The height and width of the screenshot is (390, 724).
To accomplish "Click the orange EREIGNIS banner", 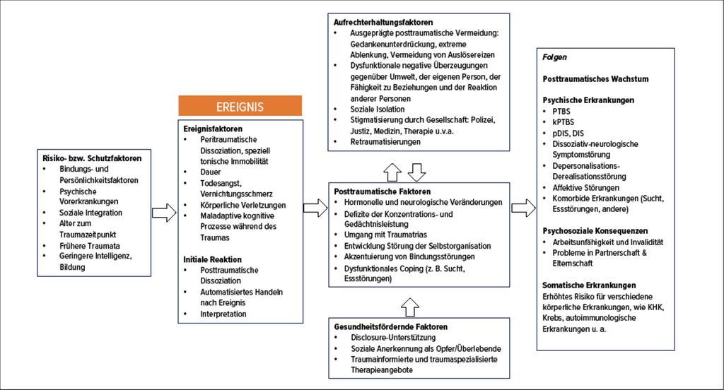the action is coord(240,106).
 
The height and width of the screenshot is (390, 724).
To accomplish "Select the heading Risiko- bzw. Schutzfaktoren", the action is coord(92,158).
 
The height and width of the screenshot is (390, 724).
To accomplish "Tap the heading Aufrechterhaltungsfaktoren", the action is coord(383,22).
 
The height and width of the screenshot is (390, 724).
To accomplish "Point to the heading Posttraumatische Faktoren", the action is coord(383,191).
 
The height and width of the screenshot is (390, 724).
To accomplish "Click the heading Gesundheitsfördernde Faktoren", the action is coord(390,327).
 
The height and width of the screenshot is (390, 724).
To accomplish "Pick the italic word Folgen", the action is coord(554,57).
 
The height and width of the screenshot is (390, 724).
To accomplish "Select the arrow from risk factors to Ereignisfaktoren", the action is coord(164,213).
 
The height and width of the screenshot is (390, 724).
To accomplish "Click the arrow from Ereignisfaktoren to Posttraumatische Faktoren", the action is coord(315,208).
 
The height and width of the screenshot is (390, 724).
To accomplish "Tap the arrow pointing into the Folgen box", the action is coord(524,208).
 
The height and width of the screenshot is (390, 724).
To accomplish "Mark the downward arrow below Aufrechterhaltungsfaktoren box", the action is coord(417,172).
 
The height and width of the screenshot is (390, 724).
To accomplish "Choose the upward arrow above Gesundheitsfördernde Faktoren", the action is coord(410,307).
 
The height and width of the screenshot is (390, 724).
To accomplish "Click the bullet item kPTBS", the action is coord(564,122).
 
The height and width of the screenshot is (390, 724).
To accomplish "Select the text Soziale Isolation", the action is coord(378,110).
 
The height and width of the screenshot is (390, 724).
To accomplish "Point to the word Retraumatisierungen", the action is coord(385,142).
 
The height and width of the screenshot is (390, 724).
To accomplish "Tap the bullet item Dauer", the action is coord(211,172).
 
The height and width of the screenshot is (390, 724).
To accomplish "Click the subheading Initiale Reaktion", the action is coord(212,259).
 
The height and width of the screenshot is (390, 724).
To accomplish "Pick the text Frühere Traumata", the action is coord(90,246).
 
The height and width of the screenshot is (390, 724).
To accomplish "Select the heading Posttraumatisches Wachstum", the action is coord(595,79).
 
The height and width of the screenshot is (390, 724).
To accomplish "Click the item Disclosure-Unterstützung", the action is coord(393,338).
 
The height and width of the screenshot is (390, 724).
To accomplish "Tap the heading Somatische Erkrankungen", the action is coord(589,285).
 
